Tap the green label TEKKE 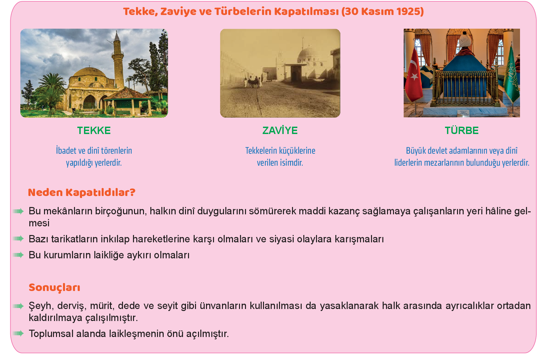click(x=94, y=131)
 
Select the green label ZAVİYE click(x=280, y=131)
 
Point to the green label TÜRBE click(x=462, y=131)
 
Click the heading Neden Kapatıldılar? click(x=82, y=193)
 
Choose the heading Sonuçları click(x=54, y=288)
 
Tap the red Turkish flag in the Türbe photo click(x=414, y=75)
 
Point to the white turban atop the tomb click(x=465, y=40)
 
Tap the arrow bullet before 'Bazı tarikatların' click(x=18, y=239)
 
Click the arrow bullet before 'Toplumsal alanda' click(x=18, y=334)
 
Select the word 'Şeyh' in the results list click(x=40, y=306)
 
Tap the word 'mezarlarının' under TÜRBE click(x=444, y=163)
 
